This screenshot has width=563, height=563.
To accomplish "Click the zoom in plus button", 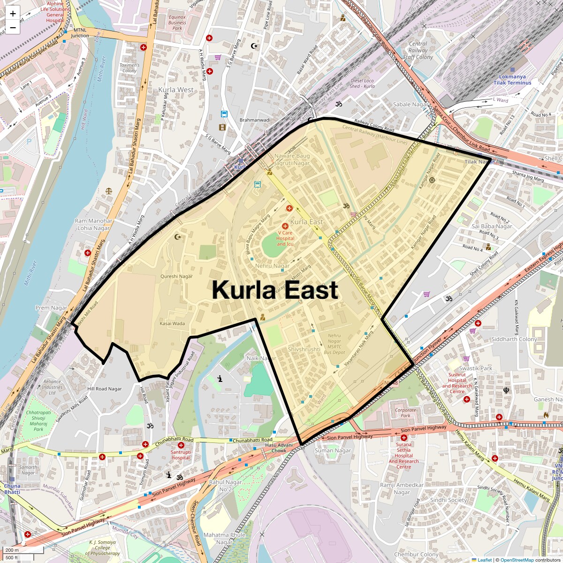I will point(13,14).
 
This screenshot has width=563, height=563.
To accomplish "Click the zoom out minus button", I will point(13,28).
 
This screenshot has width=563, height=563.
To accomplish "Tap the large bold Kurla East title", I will point(274,290).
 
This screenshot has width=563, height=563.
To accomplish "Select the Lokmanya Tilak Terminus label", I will point(512,80).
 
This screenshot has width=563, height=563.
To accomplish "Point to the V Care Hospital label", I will point(285,238).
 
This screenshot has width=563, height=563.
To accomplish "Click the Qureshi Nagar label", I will point(176,276).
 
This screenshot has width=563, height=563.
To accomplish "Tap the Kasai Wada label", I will point(172,323).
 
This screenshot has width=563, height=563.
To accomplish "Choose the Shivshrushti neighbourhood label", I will point(304,349).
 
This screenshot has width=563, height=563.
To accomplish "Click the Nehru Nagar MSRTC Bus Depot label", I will point(335,344).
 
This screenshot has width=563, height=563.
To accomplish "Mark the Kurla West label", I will point(176,90).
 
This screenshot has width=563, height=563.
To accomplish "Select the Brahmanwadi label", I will point(255,120).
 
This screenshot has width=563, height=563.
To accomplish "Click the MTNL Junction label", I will point(80,33).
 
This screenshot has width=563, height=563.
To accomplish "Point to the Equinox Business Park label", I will point(177,23).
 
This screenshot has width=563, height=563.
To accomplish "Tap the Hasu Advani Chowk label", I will point(279,448).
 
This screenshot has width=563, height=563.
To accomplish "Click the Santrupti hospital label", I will point(181,455).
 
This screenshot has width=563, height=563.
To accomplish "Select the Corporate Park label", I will point(405,412).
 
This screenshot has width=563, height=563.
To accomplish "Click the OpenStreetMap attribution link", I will point(517,560).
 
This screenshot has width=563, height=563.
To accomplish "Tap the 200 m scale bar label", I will point(13,550).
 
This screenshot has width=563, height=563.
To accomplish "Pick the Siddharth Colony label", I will point(514,339).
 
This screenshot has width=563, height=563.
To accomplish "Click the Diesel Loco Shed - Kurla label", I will point(362,84).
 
